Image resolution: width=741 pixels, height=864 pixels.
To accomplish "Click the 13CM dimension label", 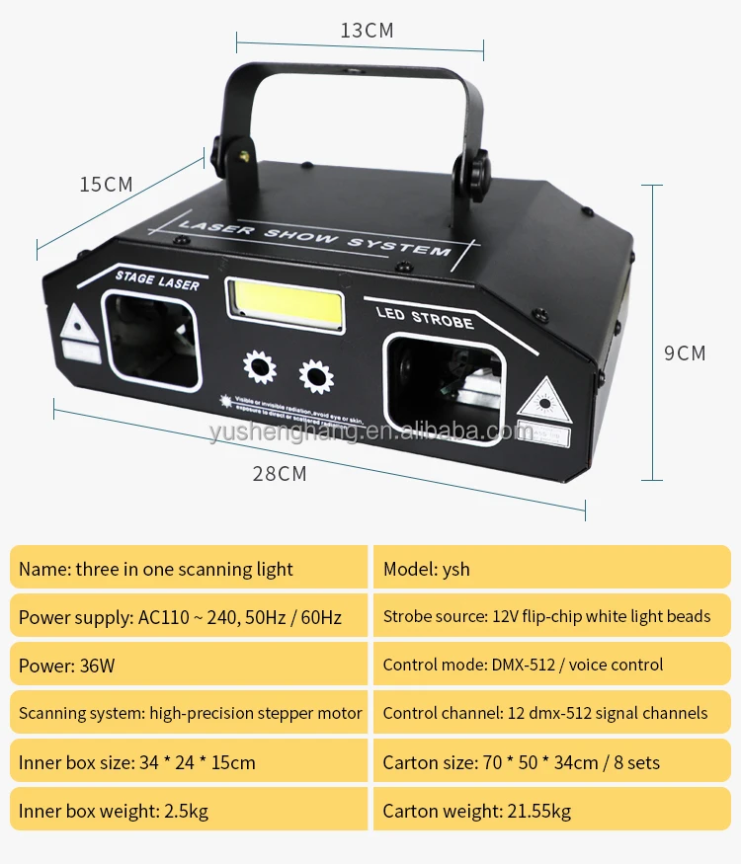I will (367, 30).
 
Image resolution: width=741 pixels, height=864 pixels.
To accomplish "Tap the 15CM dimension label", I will (107, 185).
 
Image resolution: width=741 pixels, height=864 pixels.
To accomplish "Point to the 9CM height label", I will (685, 353).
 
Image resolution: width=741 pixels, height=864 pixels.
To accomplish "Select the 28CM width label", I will (280, 474).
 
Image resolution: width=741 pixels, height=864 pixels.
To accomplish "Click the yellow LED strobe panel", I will (286, 307).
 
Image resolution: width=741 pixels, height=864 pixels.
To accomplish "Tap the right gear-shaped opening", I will (316, 376).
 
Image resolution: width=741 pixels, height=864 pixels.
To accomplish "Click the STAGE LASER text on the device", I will (157, 279).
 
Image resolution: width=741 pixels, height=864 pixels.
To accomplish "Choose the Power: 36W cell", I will (188, 665).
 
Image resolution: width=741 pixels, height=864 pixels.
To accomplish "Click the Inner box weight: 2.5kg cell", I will (188, 811).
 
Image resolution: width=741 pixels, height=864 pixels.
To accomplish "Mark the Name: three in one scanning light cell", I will (188, 569).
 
